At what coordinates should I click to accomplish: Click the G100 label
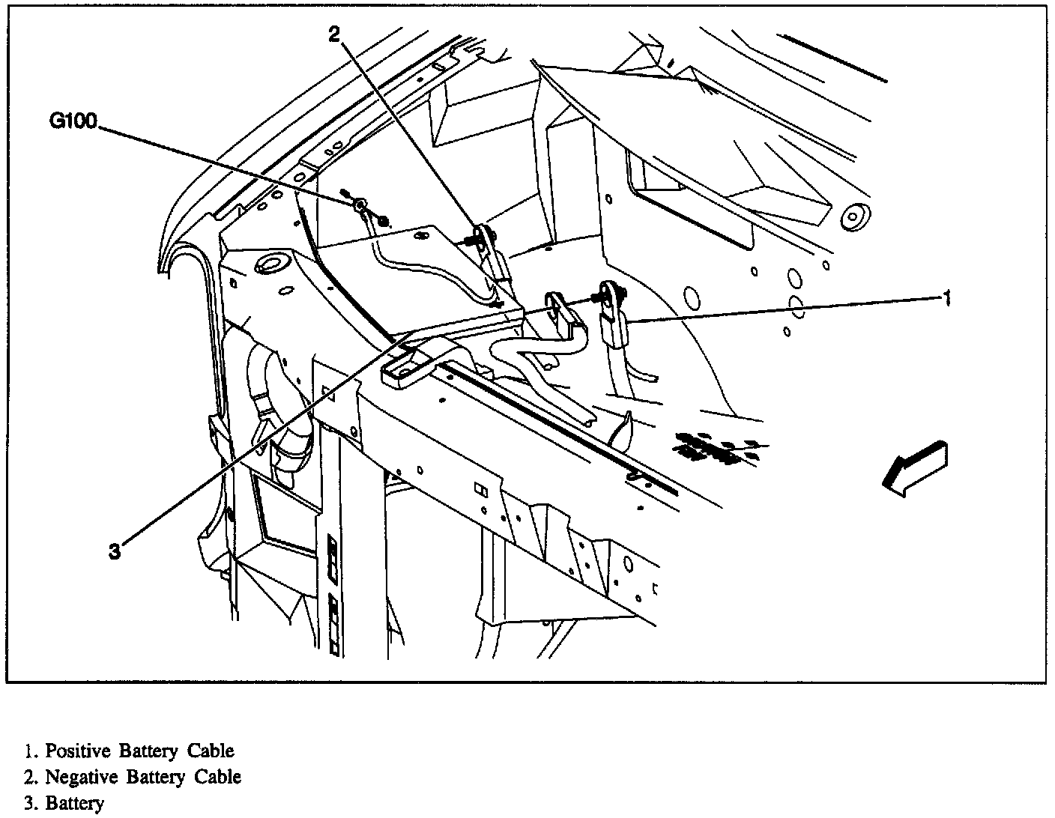tap(73, 121)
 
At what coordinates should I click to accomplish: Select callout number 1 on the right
tap(946, 299)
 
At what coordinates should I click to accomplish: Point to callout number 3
tap(114, 552)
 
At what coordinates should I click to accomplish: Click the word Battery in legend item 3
tap(75, 804)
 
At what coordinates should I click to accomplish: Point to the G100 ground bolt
tap(360, 205)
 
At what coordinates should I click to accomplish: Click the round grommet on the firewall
tap(852, 216)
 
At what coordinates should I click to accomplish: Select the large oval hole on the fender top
tap(271, 264)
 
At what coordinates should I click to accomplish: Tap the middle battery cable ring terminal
tap(557, 303)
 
